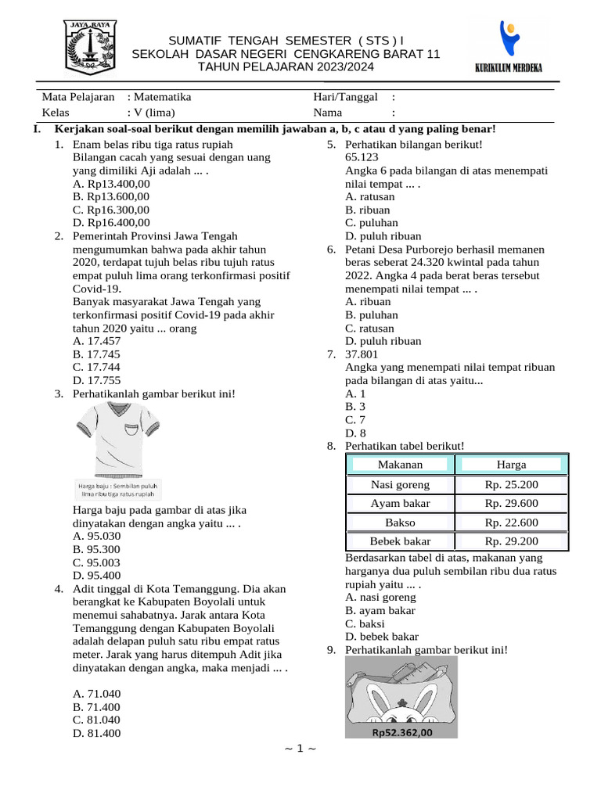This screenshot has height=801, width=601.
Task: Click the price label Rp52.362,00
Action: [401, 733]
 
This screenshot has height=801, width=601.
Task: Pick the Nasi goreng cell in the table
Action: [400, 485]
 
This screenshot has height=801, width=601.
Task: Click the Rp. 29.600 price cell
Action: [511, 504]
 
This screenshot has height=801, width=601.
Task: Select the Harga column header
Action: [511, 465]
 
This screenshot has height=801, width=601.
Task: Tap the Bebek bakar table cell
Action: [400, 541]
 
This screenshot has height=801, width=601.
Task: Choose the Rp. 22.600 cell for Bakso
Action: [511, 523]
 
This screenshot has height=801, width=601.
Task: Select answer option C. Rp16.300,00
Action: [110, 210]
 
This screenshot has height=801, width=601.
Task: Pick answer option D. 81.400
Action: [96, 733]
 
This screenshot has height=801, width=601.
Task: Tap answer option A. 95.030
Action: [96, 537]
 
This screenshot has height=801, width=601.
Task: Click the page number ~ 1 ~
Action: [300, 749]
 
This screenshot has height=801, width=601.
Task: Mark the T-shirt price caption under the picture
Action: [119, 490]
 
